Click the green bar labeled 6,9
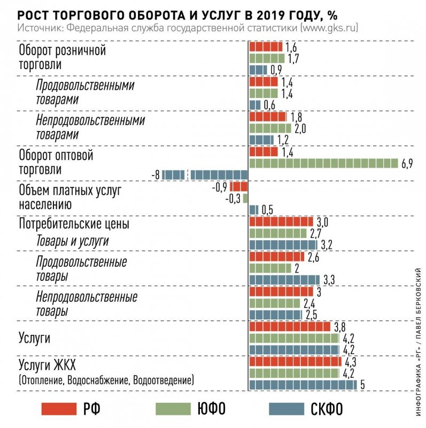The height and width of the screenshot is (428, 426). coord(324,163)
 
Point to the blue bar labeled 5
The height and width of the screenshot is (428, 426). coord(303,385)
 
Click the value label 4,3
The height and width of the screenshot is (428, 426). coord(352,361)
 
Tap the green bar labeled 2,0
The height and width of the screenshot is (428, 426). coord(270,128)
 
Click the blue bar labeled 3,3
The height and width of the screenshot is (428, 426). coord(284,280)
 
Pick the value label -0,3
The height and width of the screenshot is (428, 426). coord(234,198)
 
